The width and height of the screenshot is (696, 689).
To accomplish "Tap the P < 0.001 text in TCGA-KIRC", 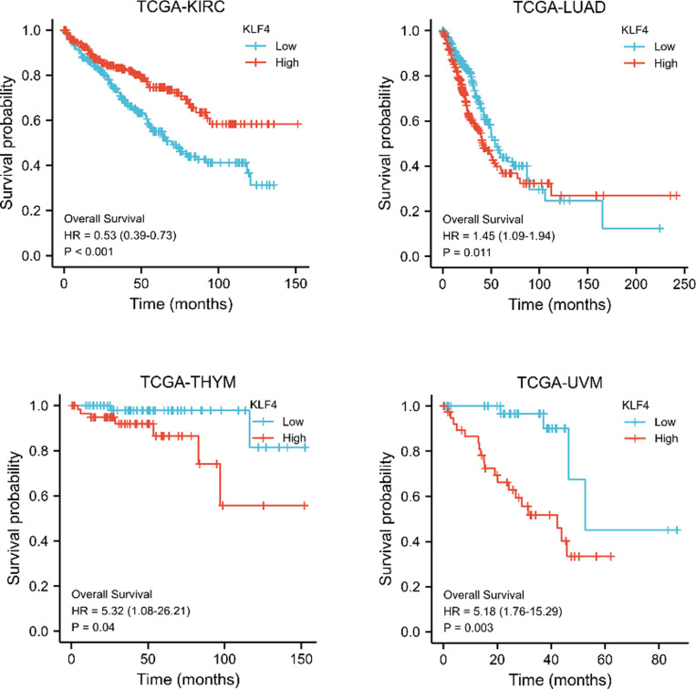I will (x=88, y=252).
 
